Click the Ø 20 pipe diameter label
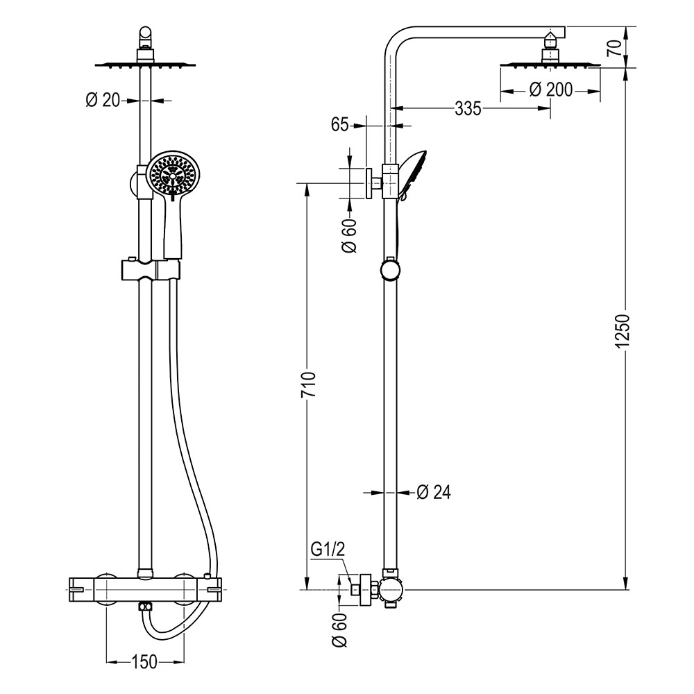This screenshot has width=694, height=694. click(103, 101)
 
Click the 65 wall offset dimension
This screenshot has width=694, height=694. click(339, 126)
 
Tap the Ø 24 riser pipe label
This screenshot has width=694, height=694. click(434, 492)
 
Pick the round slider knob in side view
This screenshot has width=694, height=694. click(391, 269)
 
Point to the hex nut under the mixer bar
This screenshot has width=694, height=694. click(144, 607)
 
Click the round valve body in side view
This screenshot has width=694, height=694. click(390, 590)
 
